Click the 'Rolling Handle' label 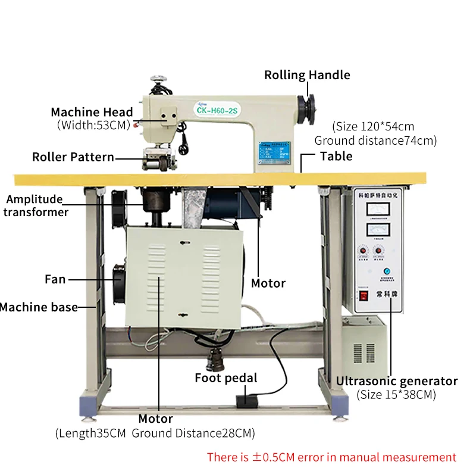307,75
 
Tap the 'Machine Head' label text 92,112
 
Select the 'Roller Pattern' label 73,157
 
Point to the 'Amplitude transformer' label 34,205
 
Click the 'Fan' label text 55,279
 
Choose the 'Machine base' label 39,307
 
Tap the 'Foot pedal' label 226,377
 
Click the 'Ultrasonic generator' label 397,381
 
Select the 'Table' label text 336,156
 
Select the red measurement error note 331,457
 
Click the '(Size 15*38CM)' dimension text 397,394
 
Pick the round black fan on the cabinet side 118,280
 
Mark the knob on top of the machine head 158,77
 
